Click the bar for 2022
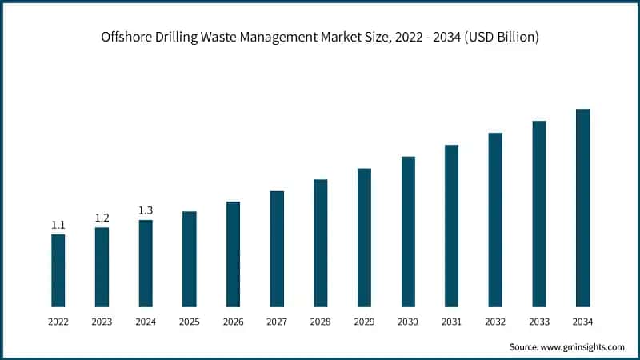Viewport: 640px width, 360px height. point(58,270)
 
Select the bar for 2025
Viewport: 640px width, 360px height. point(190,258)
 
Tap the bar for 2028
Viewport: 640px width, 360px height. point(321,242)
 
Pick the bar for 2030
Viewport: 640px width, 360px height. point(408,231)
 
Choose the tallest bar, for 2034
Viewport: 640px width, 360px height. point(582,207)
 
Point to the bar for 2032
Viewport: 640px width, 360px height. point(495,219)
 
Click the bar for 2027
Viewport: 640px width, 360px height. point(277,248)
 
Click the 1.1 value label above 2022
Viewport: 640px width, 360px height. point(58,226)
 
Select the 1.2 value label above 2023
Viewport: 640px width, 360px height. point(102,218)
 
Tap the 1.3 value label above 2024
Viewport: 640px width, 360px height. point(146,210)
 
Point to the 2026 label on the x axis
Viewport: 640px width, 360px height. point(233,322)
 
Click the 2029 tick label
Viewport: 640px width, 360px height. point(364,322)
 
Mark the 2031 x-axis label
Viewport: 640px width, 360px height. point(451,322)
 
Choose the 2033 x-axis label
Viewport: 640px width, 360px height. point(538,322)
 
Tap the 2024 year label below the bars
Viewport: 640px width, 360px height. point(146,322)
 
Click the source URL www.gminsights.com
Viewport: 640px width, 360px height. point(582,347)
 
